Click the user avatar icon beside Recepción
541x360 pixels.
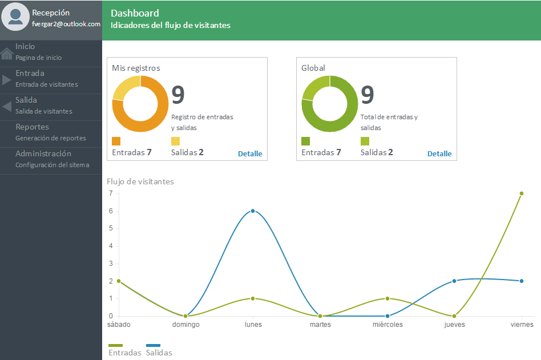15,17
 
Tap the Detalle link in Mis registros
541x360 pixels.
250,154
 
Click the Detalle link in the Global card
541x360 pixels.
439,154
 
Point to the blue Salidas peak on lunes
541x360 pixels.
253,211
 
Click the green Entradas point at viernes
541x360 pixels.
522,193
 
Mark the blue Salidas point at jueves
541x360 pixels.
454,281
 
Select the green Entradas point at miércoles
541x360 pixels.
387,298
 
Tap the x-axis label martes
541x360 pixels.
320,325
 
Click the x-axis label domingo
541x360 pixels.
186,325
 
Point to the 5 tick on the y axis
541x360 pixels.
111,228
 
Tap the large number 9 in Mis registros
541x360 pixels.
178,95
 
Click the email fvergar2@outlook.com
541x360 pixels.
66,24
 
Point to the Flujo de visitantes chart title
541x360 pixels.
140,182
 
